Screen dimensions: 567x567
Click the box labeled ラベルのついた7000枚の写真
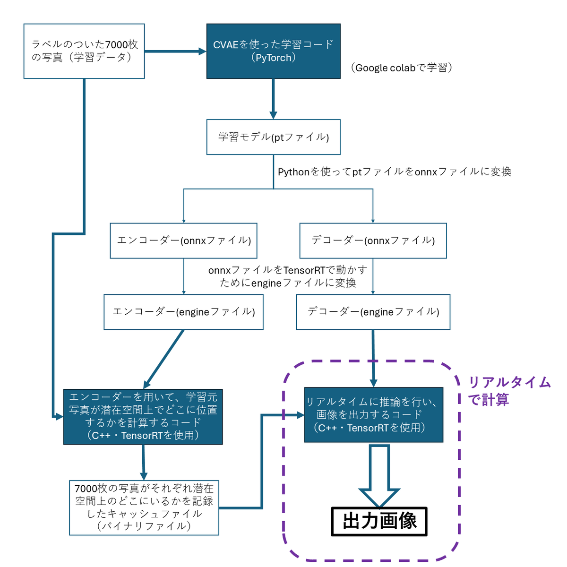coord(84,51)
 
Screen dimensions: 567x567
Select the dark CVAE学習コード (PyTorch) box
coord(273,51)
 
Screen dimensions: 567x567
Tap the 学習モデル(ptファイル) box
coord(273,137)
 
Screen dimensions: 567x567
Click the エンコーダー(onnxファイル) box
coord(183,241)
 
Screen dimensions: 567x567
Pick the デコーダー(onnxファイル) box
coord(373,241)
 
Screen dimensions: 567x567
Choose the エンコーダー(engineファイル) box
coord(183,311)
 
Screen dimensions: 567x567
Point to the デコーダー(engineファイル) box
coord(373,311)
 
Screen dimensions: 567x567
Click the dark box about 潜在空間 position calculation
coord(143,416)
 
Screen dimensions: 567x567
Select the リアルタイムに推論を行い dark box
coord(373,414)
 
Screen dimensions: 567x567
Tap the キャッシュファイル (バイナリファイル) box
coord(144,507)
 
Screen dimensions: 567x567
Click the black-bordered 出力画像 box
coord(379,521)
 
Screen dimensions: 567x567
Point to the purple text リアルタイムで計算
coord(509,391)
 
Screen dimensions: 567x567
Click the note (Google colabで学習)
coord(401,68)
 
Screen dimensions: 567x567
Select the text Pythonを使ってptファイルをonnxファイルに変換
coord(394,172)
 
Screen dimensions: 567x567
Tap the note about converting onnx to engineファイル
coord(288,276)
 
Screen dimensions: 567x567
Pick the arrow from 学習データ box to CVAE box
coord(175,52)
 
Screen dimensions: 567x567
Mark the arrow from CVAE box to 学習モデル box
coord(274,99)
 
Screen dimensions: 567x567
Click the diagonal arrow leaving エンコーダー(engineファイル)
coord(163,359)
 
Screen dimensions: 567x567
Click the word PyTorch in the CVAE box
coord(273,58)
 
